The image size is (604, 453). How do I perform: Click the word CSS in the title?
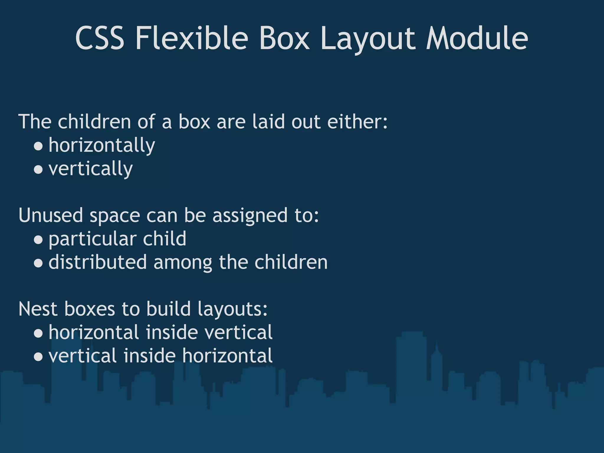[100, 39]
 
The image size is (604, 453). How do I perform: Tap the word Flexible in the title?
[192, 39]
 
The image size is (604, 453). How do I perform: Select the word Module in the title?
[477, 39]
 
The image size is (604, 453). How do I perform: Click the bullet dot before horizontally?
[38, 146]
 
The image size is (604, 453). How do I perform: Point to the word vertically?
[91, 169]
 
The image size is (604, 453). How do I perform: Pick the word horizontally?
[102, 145]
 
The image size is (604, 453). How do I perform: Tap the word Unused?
[50, 215]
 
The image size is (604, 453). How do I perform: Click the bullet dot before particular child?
[38, 239]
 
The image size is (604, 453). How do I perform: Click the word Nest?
[37, 309]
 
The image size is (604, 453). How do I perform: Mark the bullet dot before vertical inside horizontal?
[38, 357]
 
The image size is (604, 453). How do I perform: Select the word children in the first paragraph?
[94, 122]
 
